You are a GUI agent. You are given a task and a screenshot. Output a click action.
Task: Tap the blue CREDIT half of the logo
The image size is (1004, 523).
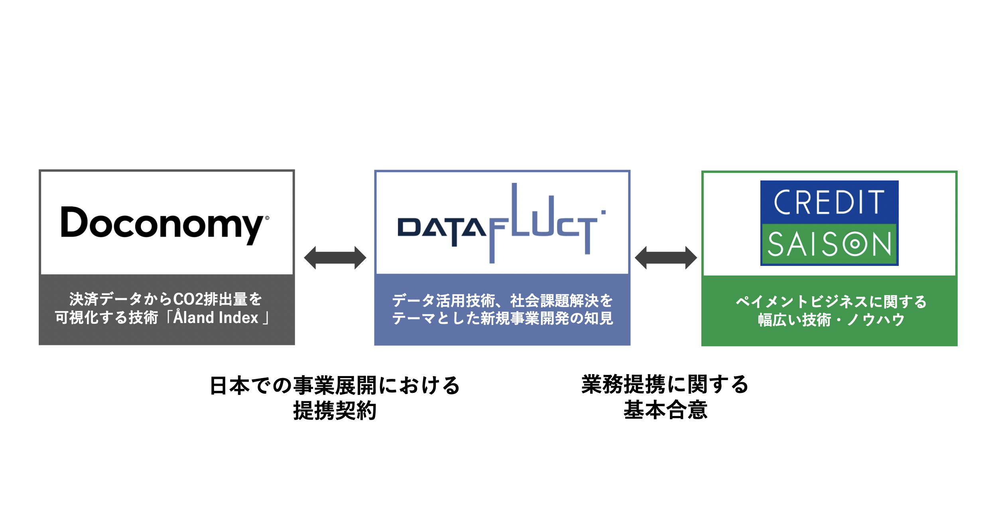pos(829,202)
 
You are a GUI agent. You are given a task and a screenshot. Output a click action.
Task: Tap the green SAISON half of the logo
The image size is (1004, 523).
pos(829,244)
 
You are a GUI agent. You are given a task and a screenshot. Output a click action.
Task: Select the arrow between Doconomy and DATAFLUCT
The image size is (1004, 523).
pos(335,258)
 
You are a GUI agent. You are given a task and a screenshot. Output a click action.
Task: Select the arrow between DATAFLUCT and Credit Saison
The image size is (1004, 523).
pos(665,258)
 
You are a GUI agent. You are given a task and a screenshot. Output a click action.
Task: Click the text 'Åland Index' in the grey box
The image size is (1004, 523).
pos(216,318)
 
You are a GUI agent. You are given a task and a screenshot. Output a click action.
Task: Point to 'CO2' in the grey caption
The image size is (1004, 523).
pos(188,299)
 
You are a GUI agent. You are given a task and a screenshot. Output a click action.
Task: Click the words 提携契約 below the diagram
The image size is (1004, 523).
pos(335,410)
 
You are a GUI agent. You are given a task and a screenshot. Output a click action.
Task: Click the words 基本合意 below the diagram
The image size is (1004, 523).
pos(665,410)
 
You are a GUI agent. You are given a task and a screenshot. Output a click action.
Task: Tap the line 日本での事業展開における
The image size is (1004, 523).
pos(335,386)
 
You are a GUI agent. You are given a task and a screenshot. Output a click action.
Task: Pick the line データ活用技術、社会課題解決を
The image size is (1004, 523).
pos(502,301)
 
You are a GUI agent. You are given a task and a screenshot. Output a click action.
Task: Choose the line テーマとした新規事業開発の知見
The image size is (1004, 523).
pos(502,318)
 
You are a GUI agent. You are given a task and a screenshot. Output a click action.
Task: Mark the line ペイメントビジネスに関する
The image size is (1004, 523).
pos(831,301)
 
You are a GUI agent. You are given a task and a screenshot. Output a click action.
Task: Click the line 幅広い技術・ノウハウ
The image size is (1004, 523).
pos(831,320)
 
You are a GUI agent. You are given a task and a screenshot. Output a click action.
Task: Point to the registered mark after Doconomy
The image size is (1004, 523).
pos(267,218)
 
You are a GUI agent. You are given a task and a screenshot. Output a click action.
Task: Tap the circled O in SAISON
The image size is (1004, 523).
pos(854,244)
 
